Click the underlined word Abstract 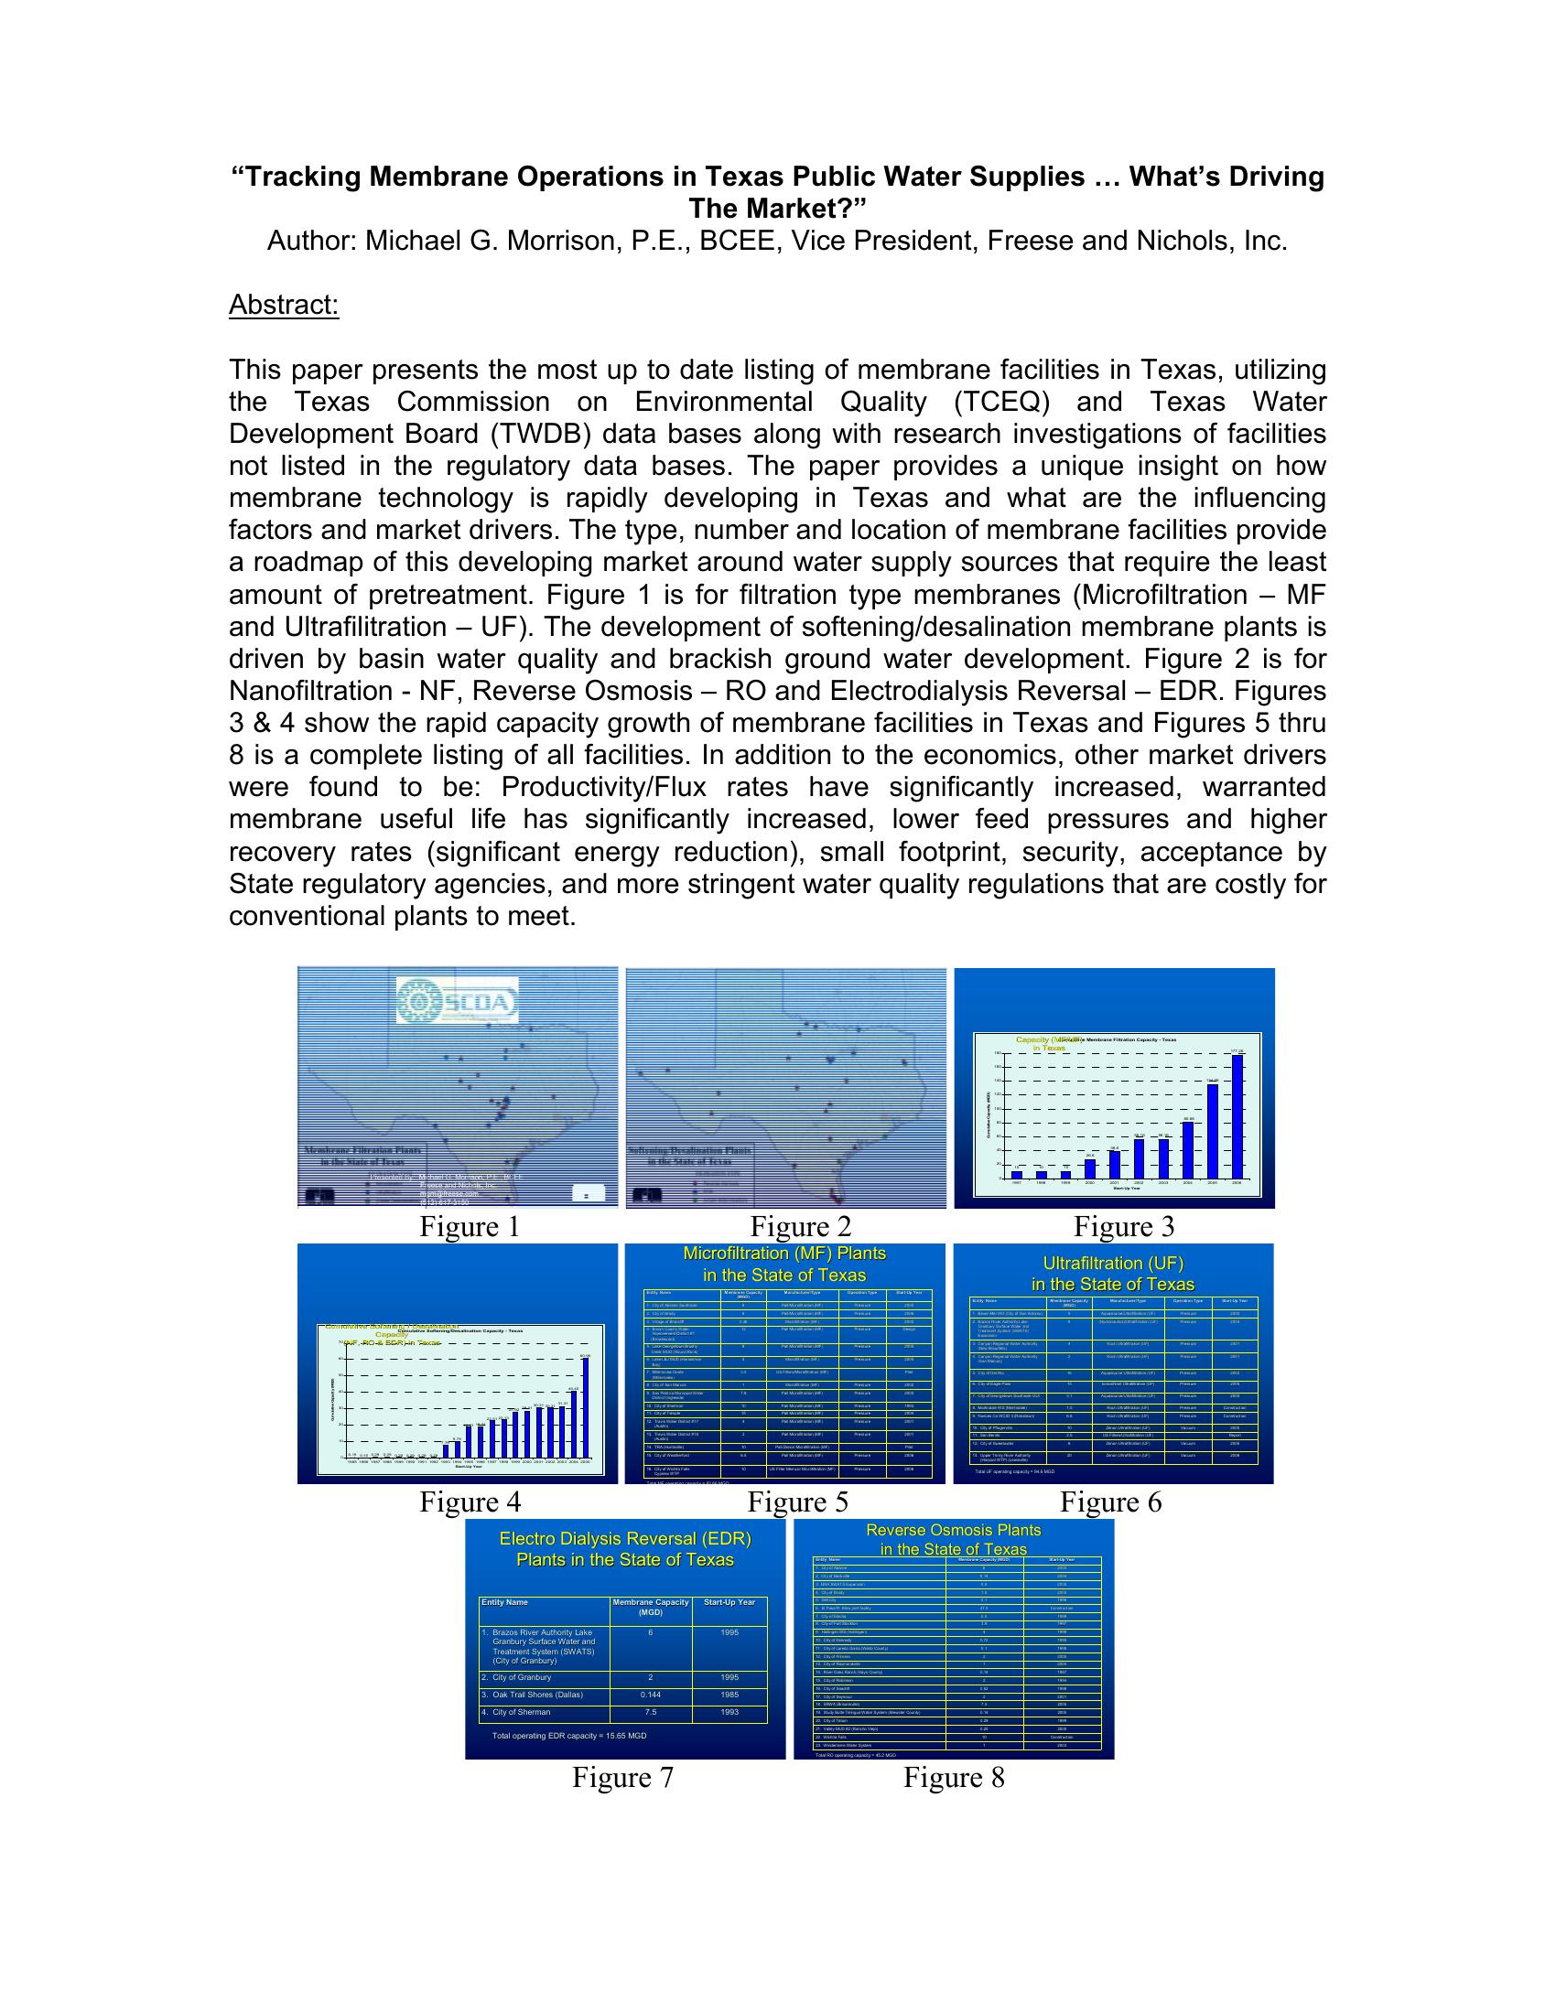[x=284, y=305]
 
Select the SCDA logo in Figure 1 [x=458, y=1000]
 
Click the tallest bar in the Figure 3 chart [x=1237, y=1116]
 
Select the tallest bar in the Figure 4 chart [x=585, y=1405]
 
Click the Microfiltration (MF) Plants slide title [x=784, y=1264]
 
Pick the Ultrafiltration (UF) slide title [x=1113, y=1273]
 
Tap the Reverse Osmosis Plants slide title [x=953, y=1539]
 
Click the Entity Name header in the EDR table [x=504, y=1602]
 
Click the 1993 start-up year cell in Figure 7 [x=729, y=1712]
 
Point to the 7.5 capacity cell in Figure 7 [x=650, y=1712]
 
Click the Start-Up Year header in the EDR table [x=729, y=1602]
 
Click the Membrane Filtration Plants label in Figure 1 [x=363, y=1150]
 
